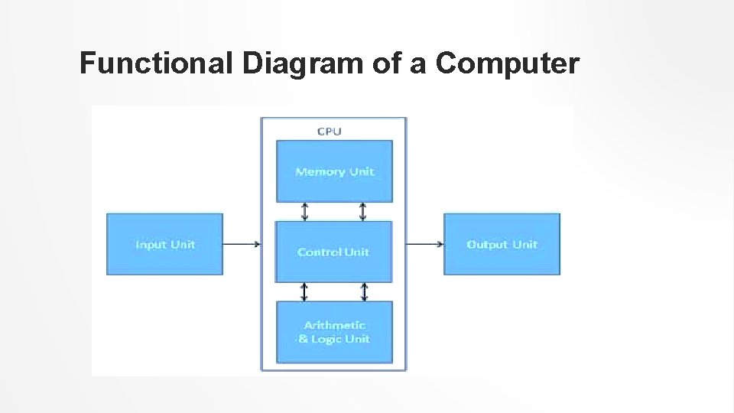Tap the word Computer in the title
pos(507,64)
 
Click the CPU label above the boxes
pos(330,131)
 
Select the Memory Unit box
pos(334,171)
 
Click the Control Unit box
pos(333,252)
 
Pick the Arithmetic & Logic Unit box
pos(334,332)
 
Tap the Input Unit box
pos(164,244)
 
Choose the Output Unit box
pos(502,244)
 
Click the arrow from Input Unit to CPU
pos(241,245)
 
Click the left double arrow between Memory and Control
pos(304,211)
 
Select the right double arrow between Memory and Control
pos(363,211)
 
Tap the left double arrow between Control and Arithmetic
pos(304,291)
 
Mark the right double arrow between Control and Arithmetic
pos(364,291)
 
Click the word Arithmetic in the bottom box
pos(334,325)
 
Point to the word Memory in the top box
pos(320,171)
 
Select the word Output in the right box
pos(487,244)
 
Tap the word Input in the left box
pos(151,244)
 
